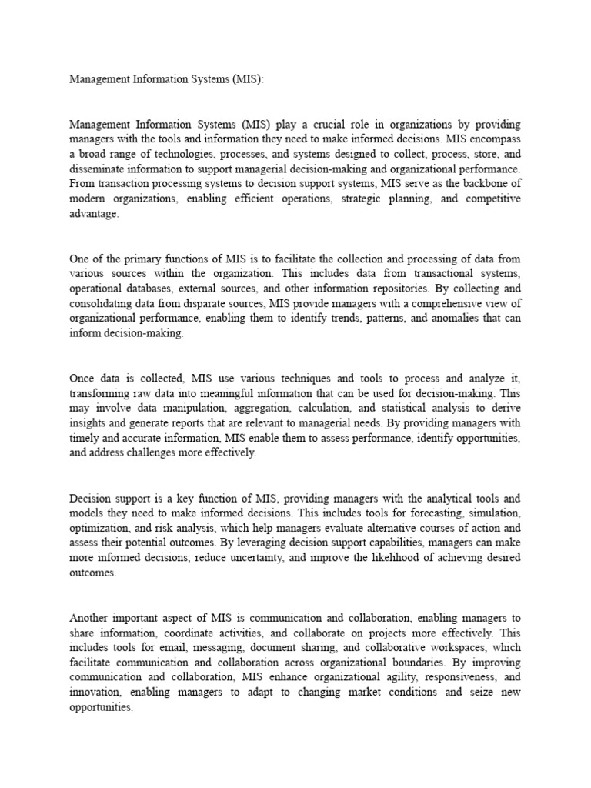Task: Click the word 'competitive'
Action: (x=490, y=199)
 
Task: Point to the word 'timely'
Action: (x=86, y=438)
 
